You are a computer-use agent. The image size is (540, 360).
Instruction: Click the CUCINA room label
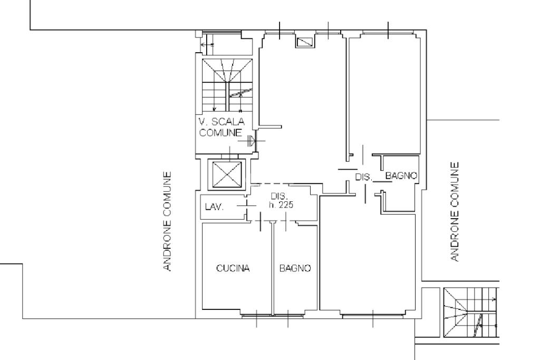[x=233, y=268]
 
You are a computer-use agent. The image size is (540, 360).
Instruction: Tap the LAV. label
[x=214, y=207]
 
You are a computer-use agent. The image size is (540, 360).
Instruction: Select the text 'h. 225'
[x=281, y=205]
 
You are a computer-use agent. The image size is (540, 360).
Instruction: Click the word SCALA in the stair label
[x=228, y=121]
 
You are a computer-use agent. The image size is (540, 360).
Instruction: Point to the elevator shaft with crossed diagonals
[x=227, y=174]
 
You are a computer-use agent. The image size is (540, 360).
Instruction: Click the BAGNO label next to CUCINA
[x=295, y=268]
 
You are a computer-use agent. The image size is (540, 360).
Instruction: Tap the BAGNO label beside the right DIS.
[x=401, y=176]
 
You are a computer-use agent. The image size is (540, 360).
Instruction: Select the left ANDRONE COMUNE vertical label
[x=167, y=221]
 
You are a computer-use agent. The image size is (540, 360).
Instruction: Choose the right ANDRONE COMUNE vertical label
[x=455, y=212]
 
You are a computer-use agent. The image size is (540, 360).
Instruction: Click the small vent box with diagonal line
[x=305, y=42]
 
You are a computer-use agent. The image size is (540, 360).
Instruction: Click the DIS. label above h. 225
[x=279, y=196]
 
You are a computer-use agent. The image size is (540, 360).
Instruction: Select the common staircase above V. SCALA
[x=227, y=85]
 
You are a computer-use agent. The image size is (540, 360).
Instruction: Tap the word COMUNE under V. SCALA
[x=220, y=132]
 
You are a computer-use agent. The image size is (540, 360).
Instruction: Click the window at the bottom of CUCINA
[x=257, y=315]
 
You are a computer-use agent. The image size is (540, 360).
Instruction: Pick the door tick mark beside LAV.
[x=247, y=206]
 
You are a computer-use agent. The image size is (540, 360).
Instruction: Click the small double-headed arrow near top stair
[x=207, y=45]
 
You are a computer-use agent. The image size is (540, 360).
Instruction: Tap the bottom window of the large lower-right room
[x=373, y=315]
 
